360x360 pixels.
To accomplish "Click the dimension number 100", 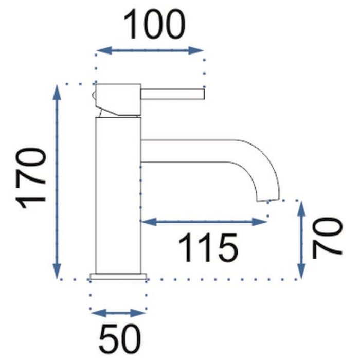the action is coord(154,25).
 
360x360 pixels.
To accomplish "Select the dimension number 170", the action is coord(31,178).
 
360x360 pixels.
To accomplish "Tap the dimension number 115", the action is coord(208,247).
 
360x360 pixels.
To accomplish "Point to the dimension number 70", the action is coord(327,238).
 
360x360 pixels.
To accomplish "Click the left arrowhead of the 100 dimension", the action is coord(104,50).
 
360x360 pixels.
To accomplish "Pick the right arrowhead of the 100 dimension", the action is coord(196,50).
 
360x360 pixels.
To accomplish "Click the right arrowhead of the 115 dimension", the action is coord(259,222).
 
